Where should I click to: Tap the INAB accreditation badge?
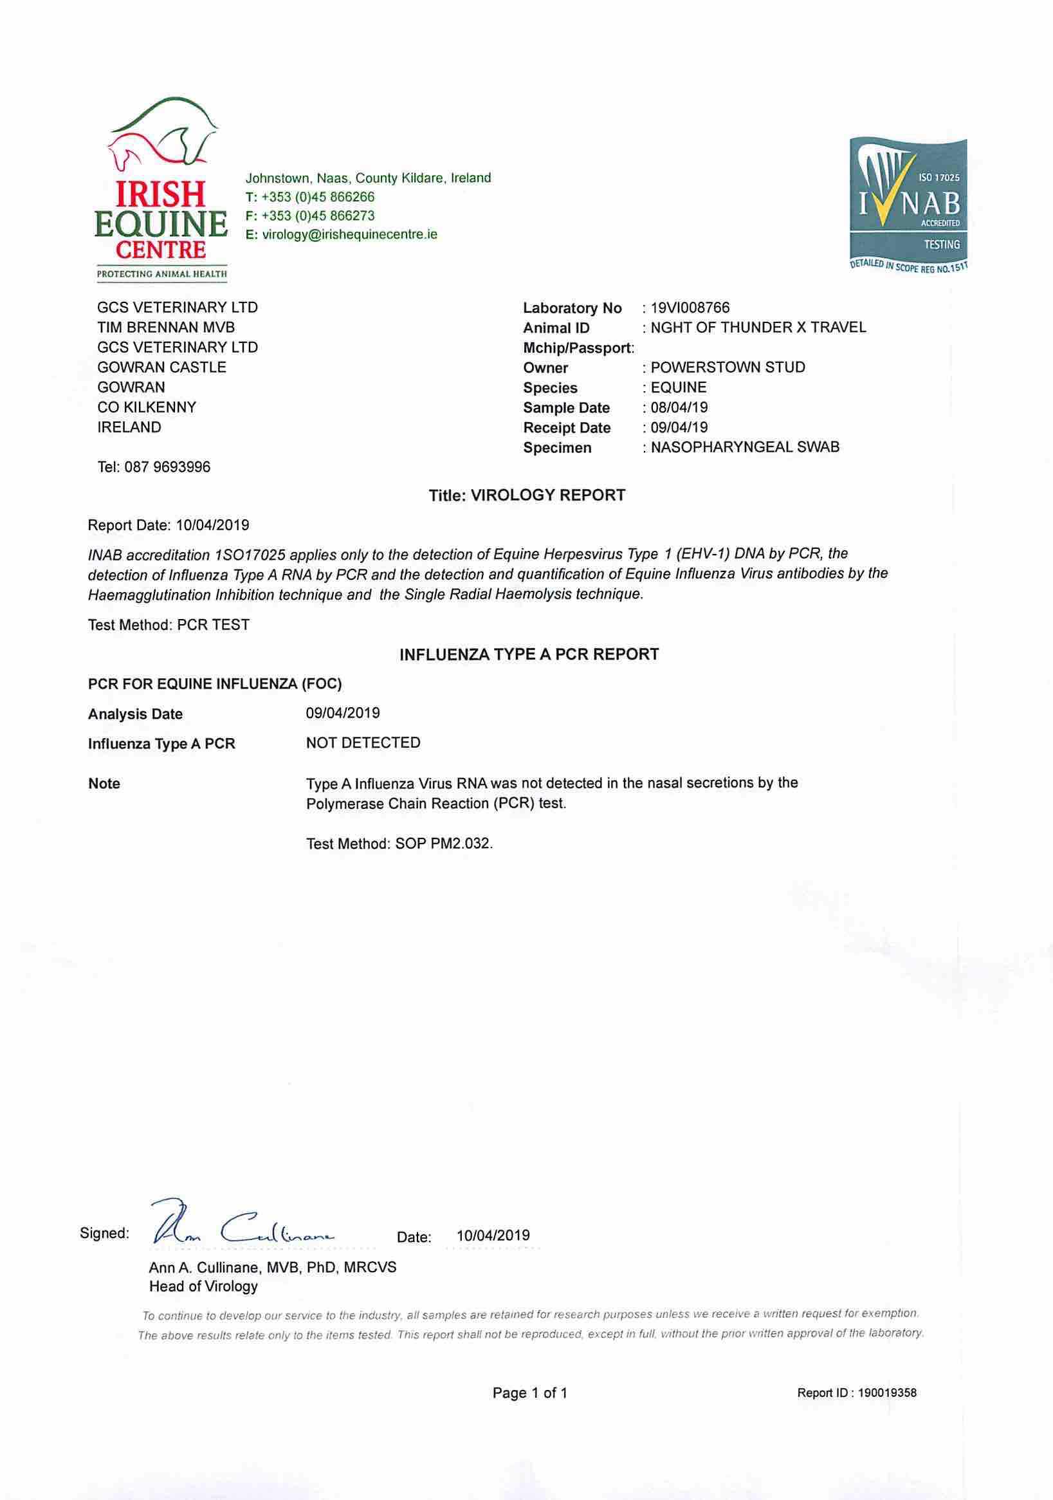pos(908,205)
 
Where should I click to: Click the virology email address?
pos(349,234)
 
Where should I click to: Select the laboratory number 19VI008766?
pos(690,308)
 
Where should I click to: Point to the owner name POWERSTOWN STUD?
pos(728,367)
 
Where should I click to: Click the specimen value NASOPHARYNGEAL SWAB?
pos(745,447)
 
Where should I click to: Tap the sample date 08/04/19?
pos(679,408)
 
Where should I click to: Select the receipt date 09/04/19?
pos(679,428)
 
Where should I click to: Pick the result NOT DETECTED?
pos(363,743)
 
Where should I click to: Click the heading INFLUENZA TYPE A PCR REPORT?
pos(529,654)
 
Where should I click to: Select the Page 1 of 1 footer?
pos(530,1393)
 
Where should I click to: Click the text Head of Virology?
pos(203,1286)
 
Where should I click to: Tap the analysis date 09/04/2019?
pos(343,713)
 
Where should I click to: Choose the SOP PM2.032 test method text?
pos(399,844)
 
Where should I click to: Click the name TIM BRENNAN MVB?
pos(166,328)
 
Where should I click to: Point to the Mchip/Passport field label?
pos(578,348)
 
